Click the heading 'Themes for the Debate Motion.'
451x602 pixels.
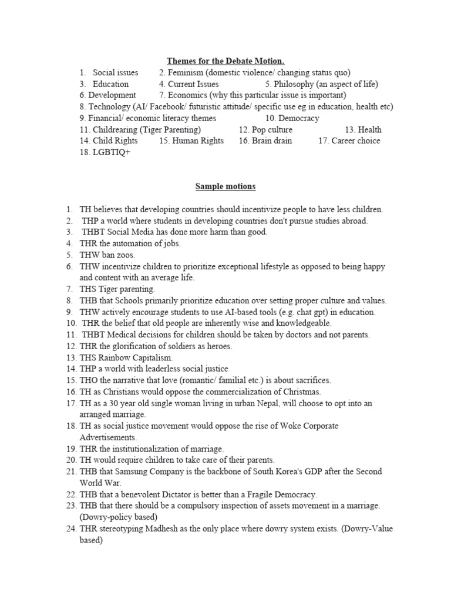(x=225, y=61)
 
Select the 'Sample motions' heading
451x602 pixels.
(x=225, y=186)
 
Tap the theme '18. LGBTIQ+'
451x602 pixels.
(x=105, y=152)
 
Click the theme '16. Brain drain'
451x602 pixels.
(x=265, y=141)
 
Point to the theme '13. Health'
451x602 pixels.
(x=363, y=130)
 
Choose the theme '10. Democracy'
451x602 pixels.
(x=292, y=118)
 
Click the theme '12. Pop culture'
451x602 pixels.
(x=265, y=130)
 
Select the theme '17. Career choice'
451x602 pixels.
(x=349, y=141)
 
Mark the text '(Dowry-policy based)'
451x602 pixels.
(x=118, y=517)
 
